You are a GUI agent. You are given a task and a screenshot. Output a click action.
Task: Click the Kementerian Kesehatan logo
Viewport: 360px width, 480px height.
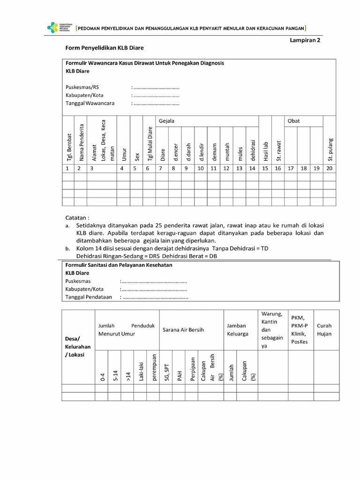[59, 28]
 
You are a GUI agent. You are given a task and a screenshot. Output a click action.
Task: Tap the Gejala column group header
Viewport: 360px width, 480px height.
[166, 121]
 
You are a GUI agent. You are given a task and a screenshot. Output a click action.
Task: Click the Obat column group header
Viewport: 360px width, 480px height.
[293, 121]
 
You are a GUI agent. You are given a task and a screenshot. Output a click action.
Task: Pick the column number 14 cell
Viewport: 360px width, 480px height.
[252, 168]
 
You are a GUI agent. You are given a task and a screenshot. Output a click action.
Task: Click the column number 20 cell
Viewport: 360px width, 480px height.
[330, 168]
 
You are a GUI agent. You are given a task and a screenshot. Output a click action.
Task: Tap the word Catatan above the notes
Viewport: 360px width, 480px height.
[77, 217]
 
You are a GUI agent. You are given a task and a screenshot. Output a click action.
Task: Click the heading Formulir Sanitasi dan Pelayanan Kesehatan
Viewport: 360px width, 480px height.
[119, 265]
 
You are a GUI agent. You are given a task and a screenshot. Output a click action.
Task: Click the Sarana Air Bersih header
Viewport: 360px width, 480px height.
[183, 330]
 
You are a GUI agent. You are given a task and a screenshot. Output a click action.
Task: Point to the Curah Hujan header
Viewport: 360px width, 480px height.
[324, 330]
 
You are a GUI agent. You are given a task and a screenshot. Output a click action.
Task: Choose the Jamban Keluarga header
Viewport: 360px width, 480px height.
[237, 330]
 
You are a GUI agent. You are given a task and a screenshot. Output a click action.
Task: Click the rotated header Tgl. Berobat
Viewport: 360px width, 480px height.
[68, 148]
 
